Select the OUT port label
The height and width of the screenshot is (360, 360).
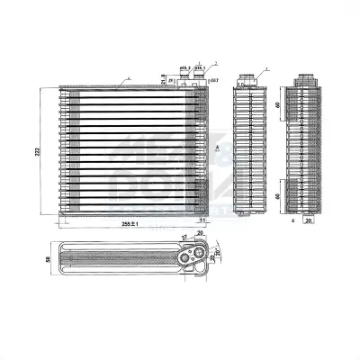213,80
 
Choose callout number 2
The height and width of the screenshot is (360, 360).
216,63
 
